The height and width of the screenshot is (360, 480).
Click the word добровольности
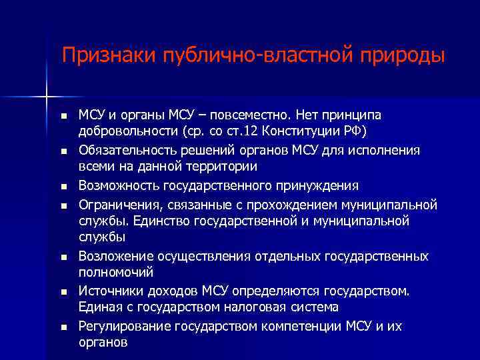125,129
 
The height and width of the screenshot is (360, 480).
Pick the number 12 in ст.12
249,129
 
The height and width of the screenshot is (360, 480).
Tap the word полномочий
116,273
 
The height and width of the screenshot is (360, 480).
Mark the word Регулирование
124,326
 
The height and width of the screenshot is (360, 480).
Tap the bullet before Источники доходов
63,292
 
